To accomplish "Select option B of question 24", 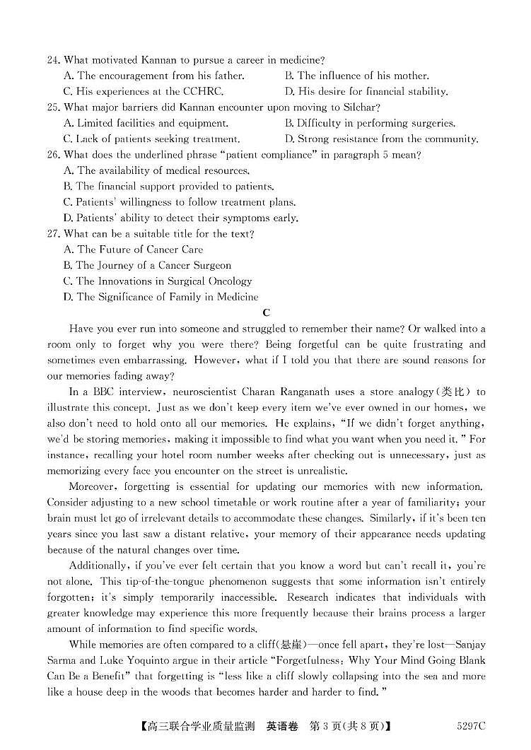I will pos(356,76).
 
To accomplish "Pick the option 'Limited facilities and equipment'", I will pos(145,123).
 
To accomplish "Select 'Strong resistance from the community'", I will pos(380,139).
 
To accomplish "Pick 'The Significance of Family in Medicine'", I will pos(161,297).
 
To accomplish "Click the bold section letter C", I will pos(266,312).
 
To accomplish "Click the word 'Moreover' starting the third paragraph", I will pos(93,486).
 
